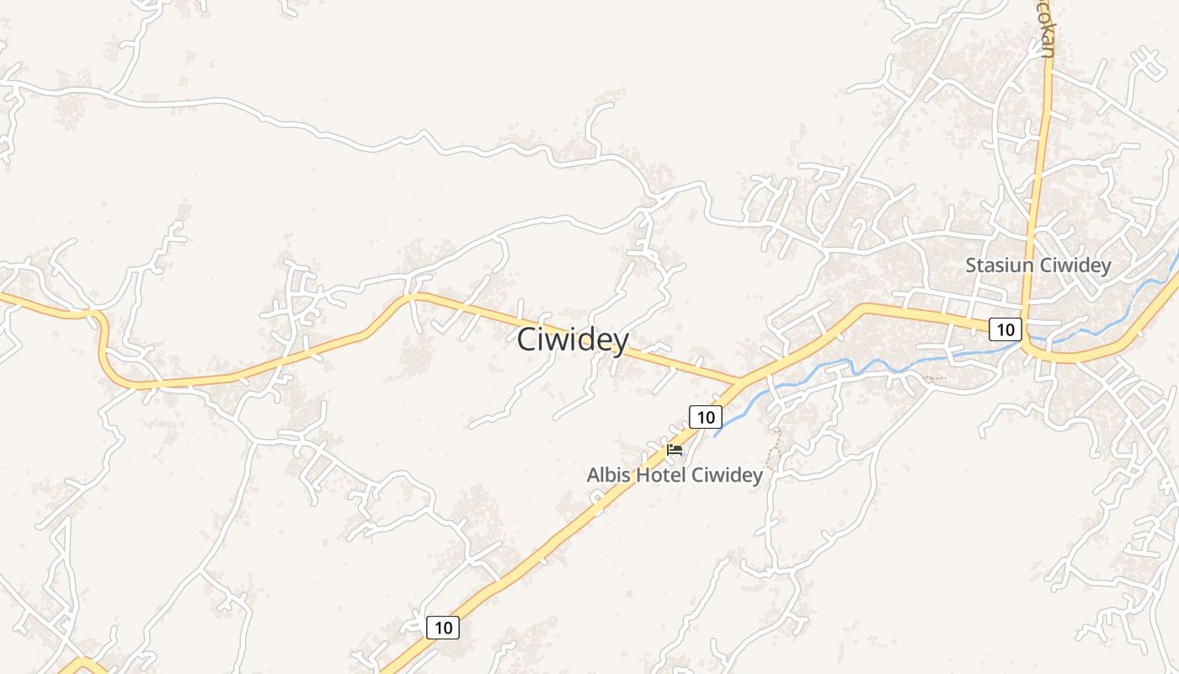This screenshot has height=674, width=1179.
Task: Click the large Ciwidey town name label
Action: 573,340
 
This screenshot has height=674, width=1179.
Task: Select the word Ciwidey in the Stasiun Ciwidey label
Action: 1075,265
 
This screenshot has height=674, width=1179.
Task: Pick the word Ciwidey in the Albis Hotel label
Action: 727,475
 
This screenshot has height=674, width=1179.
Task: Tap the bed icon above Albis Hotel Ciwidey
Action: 674,450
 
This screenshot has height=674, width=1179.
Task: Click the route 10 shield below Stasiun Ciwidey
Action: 1005,329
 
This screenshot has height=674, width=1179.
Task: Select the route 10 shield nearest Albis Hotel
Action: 706,416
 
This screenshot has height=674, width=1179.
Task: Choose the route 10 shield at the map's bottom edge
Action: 443,627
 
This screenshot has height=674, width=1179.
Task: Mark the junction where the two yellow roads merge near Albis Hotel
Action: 739,384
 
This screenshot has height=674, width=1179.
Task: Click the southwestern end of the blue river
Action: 717,435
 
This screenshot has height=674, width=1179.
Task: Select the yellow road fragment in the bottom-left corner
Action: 80,666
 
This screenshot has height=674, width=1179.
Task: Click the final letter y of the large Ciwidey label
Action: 621,342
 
